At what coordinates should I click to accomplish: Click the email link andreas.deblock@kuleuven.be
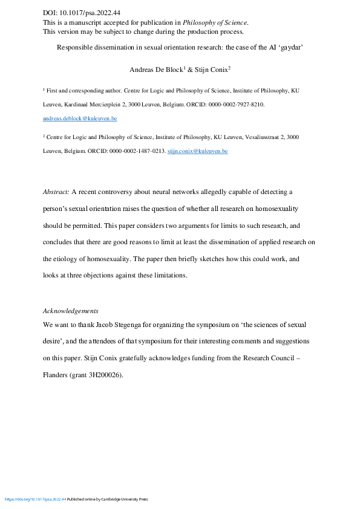click(x=80, y=118)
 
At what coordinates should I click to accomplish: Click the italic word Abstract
click(x=56, y=192)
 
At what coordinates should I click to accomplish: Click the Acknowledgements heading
click(x=71, y=311)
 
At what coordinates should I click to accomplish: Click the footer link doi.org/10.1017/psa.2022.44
click(x=35, y=499)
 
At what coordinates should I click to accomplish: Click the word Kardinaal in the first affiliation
click(x=84, y=105)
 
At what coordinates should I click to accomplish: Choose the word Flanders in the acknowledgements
click(x=56, y=375)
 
